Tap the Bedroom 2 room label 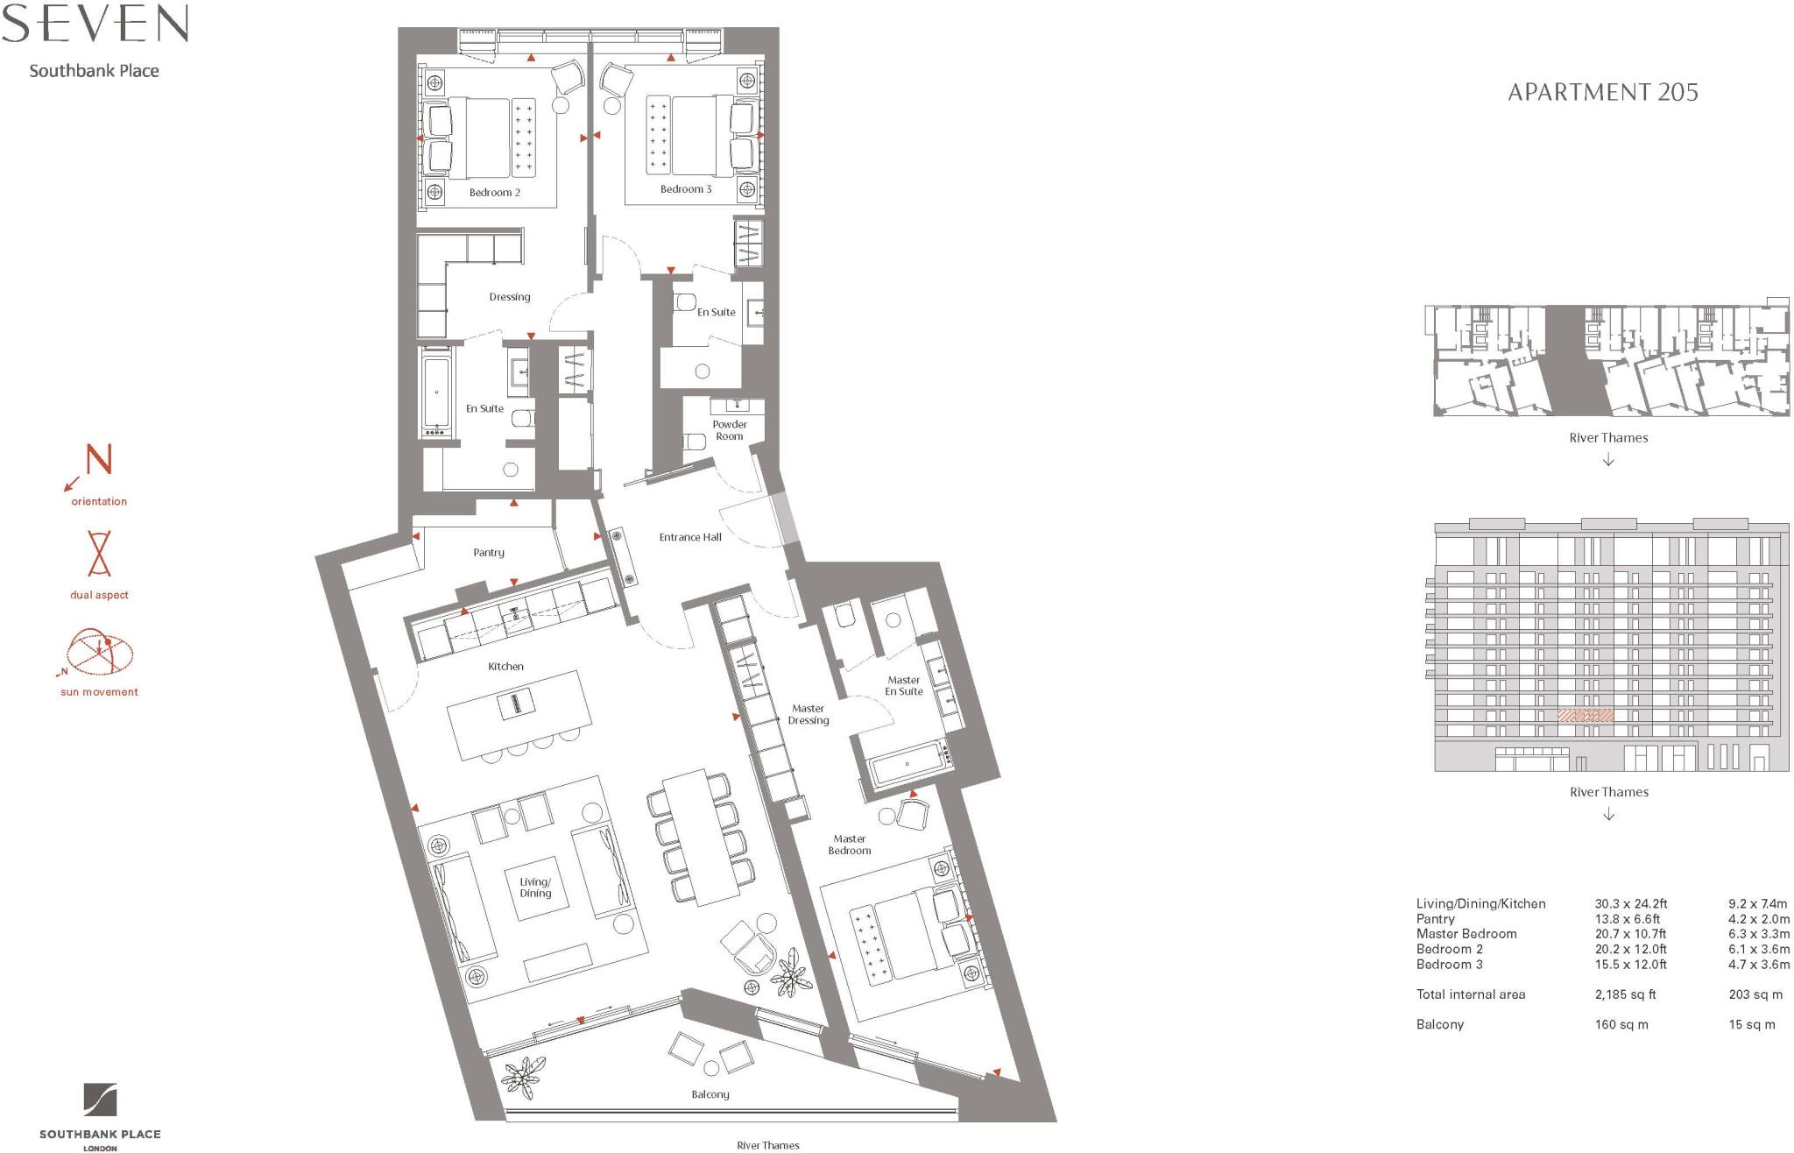click(x=494, y=193)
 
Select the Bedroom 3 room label click(x=685, y=189)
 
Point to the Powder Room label click(x=729, y=430)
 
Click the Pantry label click(x=488, y=553)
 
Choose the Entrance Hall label click(x=689, y=537)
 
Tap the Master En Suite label click(x=903, y=686)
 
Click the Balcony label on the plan click(x=710, y=1094)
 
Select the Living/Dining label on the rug click(x=535, y=888)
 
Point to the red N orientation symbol click(x=98, y=460)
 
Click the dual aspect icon click(x=99, y=553)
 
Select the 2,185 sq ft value click(x=1625, y=994)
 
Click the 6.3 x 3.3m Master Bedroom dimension click(x=1758, y=934)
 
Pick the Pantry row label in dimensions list click(x=1435, y=919)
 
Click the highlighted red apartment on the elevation click(x=1585, y=716)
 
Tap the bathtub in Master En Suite click(x=908, y=764)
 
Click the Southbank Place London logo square click(x=100, y=1100)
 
